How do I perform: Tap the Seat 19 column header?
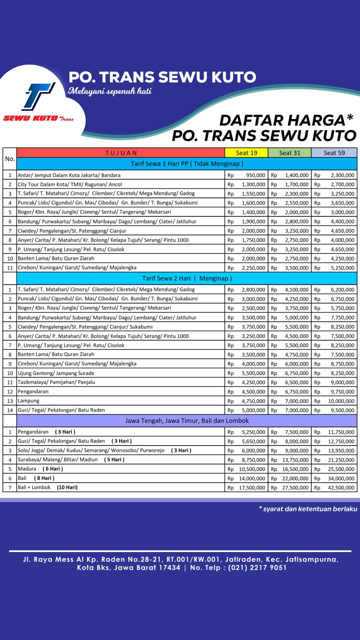tap(246, 153)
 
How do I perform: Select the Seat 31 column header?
tap(290, 153)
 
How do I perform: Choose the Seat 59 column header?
tap(334, 153)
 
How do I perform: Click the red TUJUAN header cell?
tap(121, 153)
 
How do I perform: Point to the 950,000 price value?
tap(255, 175)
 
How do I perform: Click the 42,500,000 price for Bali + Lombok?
tap(341, 488)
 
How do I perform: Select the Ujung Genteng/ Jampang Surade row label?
tap(56, 373)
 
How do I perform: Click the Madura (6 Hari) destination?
tap(40, 469)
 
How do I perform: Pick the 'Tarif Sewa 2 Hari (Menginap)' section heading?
tap(187, 278)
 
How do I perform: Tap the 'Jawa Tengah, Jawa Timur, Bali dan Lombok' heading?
tap(187, 421)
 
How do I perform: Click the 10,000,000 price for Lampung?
tap(341, 401)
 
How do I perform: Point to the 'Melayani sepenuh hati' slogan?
tap(110, 91)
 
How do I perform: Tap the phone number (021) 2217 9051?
tap(257, 568)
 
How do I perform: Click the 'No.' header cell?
tap(10, 159)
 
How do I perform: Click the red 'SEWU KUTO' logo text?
tap(31, 118)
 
